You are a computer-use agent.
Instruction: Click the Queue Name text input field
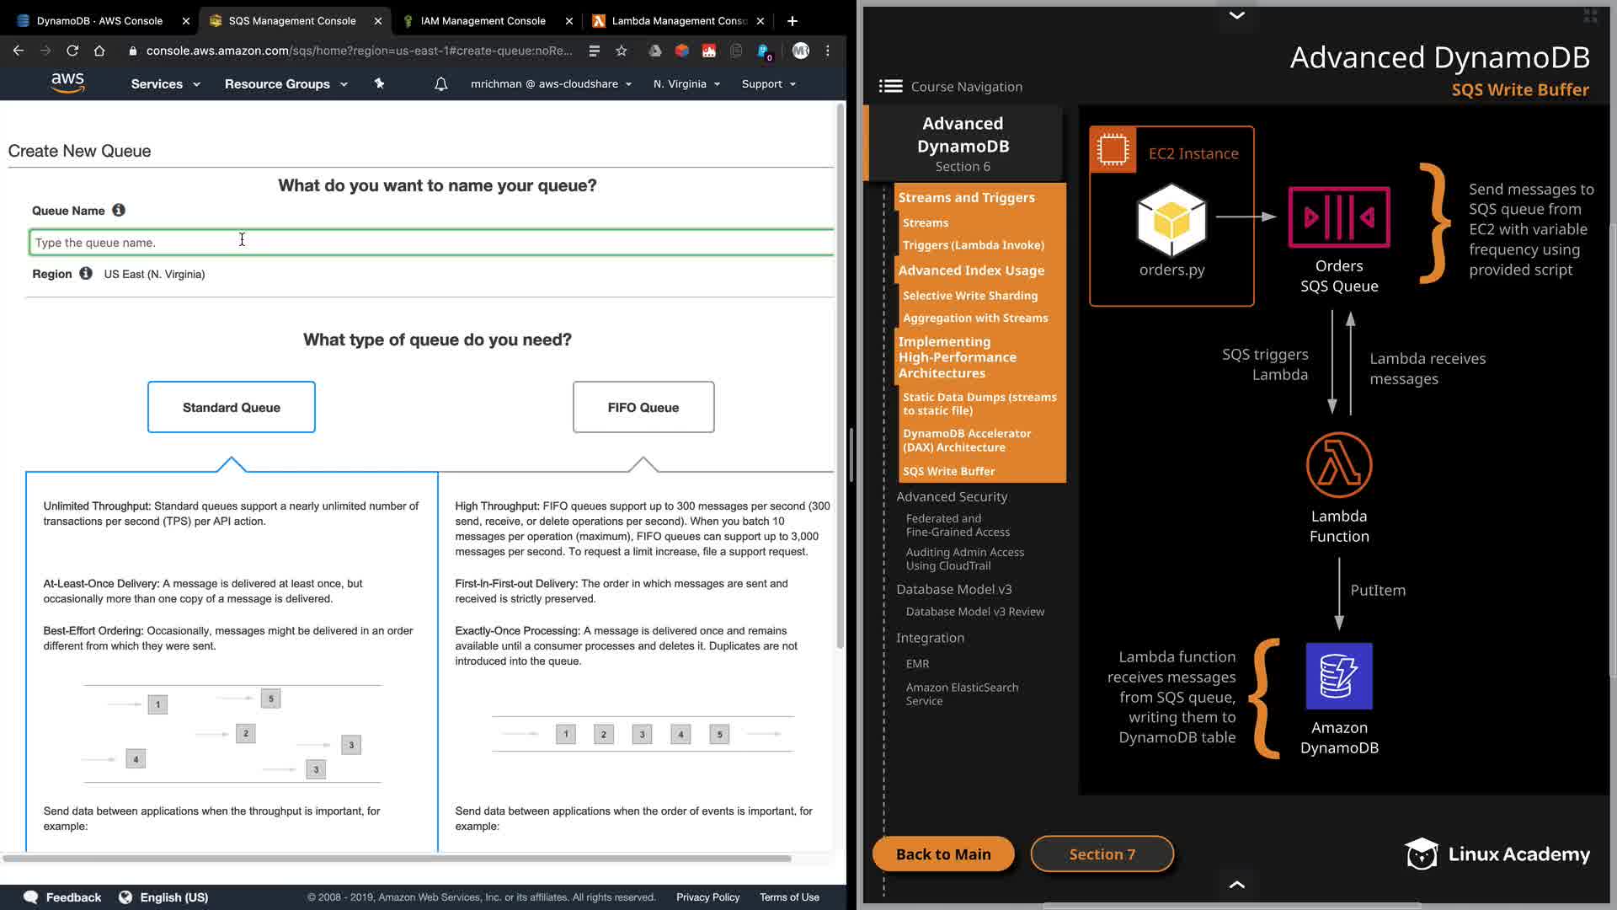431,242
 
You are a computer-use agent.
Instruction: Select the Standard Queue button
232,407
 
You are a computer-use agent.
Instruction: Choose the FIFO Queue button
643,407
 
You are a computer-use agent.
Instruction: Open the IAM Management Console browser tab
483,21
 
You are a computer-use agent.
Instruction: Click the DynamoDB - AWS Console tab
99,21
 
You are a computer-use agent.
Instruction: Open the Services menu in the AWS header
165,84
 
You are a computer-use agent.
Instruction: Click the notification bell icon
440,84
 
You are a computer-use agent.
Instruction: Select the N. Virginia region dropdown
686,84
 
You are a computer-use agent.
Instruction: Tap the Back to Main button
943,854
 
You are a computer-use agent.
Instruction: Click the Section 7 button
1102,854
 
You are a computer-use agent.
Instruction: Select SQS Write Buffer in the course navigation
949,471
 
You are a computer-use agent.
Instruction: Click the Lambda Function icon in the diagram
1339,465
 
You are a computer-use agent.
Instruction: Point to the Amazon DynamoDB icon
1339,676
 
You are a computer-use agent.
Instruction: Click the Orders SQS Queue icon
1339,217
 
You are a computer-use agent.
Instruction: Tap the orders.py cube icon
1171,220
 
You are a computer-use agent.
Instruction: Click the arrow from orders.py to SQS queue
1246,217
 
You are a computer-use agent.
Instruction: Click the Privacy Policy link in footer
707,897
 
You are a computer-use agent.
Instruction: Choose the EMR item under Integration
917,664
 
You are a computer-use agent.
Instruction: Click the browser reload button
72,51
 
